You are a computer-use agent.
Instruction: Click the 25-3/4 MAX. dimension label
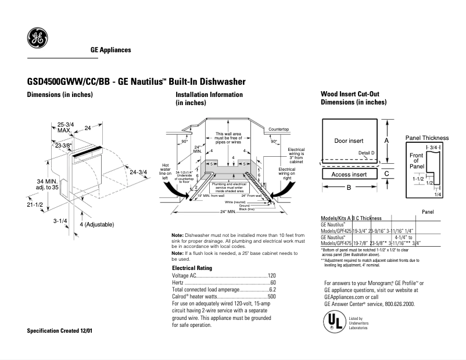pyautogui.click(x=66, y=127)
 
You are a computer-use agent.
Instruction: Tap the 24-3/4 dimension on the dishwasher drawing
pyautogui.click(x=139, y=172)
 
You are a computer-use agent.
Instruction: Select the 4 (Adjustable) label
pyautogui.click(x=96, y=224)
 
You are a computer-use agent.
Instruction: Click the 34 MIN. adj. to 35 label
pyautogui.click(x=32, y=184)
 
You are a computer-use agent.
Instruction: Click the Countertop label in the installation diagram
pyautogui.click(x=279, y=128)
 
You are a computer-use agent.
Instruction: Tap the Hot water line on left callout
pyautogui.click(x=166, y=169)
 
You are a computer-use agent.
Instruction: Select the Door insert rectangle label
pyautogui.click(x=349, y=141)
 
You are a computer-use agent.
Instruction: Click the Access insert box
pyautogui.click(x=349, y=174)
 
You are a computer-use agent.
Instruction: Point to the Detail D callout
pyautogui.click(x=366, y=153)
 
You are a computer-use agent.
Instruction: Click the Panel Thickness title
pyautogui.click(x=427, y=138)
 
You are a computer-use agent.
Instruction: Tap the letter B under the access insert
pyautogui.click(x=349, y=188)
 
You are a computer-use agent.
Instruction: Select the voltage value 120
pyautogui.click(x=271, y=275)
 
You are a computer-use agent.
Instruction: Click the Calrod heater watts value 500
pyautogui.click(x=271, y=297)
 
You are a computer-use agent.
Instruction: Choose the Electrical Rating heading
pyautogui.click(x=192, y=268)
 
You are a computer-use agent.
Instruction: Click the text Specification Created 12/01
pyautogui.click(x=60, y=330)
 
